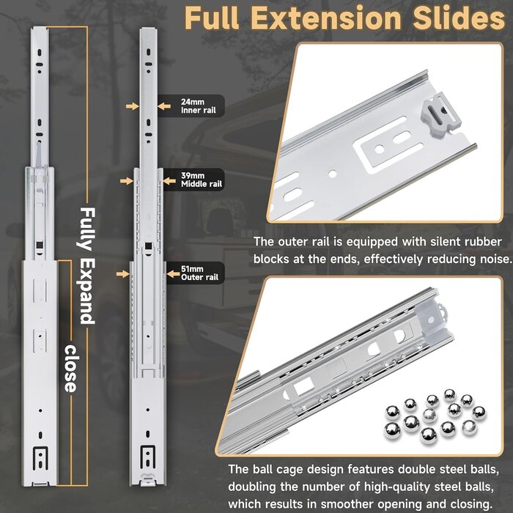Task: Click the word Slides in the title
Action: pos(459,18)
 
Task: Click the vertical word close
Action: pos(70,369)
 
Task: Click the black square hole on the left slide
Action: pos(40,245)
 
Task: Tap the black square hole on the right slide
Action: pos(149,246)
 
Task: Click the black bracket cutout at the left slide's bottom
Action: pos(40,458)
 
